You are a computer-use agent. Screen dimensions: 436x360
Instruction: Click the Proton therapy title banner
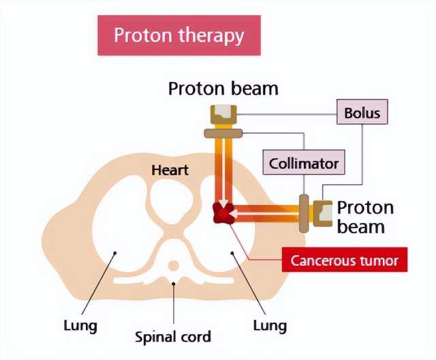pos(179,35)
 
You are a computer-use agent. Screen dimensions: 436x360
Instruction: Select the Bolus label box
pos(362,112)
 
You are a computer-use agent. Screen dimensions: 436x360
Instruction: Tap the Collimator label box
pos(304,162)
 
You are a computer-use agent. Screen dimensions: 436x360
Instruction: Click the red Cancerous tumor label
pos(345,260)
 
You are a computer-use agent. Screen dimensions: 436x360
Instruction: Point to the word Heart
pos(170,170)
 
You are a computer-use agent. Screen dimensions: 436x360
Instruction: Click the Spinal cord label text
pos(172,337)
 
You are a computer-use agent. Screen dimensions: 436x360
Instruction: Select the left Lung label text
pos(80,325)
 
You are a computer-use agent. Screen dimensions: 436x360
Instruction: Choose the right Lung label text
pos(270,325)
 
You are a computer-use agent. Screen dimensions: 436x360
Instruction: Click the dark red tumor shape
pos(224,213)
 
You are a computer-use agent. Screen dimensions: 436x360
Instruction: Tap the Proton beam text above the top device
pos(223,88)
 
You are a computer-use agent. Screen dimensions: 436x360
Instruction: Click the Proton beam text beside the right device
pos(365,217)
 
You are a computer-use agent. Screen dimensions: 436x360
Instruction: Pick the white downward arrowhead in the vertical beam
pos(223,203)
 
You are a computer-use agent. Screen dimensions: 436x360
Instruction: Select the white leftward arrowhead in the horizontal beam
pos(233,214)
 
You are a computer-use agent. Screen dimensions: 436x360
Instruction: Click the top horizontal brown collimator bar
pos(223,133)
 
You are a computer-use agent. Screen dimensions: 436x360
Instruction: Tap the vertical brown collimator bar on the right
pos(304,213)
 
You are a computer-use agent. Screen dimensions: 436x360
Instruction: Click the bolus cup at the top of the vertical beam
pos(223,114)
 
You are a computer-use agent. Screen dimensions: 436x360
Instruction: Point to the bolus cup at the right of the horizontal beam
pos(323,213)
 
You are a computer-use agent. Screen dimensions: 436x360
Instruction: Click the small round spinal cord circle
pos(174,265)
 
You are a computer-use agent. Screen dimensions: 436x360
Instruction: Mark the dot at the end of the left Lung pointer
pos(115,252)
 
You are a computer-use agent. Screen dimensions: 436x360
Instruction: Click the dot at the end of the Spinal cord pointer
pos(174,284)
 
